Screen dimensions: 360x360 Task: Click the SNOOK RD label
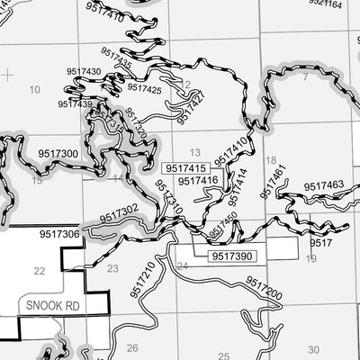point(41,305)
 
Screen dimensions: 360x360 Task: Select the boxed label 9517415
point(184,168)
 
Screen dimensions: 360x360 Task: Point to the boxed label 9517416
point(198,181)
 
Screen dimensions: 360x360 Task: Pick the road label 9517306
point(59,234)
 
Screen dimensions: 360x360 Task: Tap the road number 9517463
point(323,186)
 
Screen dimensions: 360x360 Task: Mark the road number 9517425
point(144,88)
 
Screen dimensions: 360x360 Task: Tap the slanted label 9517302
point(119,213)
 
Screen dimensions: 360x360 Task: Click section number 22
point(38,270)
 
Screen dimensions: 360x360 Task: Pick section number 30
point(313,349)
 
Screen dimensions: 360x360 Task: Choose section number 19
point(311,259)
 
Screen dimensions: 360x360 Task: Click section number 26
point(132,347)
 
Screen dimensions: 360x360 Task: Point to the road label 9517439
point(75,104)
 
